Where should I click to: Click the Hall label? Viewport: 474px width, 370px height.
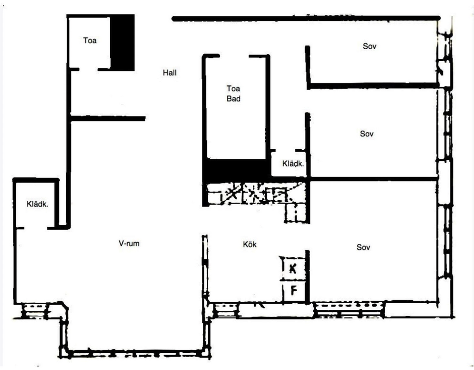click(169, 73)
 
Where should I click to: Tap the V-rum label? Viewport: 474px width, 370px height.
click(129, 243)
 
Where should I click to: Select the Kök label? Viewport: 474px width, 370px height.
click(249, 244)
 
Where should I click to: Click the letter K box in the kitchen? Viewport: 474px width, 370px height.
click(293, 268)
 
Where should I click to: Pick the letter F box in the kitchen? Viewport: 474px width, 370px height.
click(293, 291)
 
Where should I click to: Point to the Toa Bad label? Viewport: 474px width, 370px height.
click(233, 94)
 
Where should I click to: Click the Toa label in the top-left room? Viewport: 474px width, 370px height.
click(90, 41)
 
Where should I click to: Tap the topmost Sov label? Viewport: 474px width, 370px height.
click(369, 46)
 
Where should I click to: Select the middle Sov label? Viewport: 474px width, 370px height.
click(367, 134)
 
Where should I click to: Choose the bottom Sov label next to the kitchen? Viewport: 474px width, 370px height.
click(363, 248)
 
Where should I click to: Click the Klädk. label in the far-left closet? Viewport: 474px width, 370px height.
click(37, 204)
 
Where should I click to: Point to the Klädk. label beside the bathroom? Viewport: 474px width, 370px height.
click(293, 164)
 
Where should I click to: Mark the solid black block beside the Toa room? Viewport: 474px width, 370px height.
click(122, 42)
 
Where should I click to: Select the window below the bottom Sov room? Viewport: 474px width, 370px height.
click(349, 309)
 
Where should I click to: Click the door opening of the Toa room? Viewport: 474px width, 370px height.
click(88, 70)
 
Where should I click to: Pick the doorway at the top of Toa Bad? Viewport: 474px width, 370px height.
click(234, 56)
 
